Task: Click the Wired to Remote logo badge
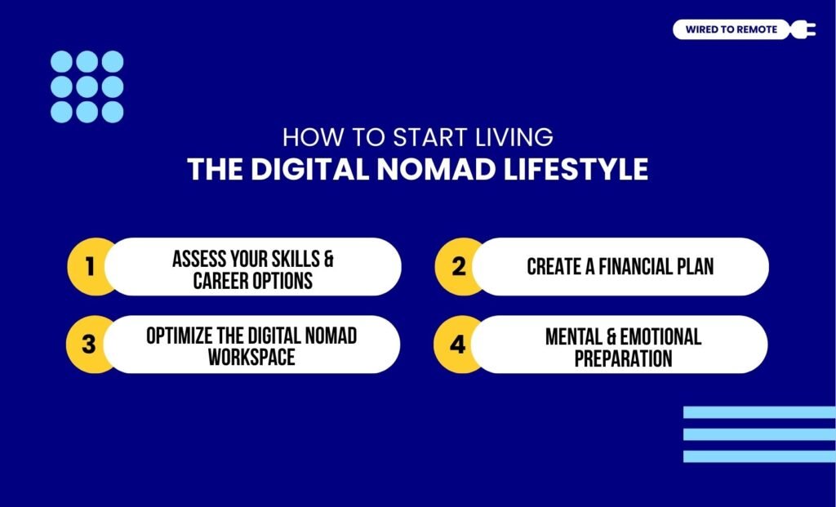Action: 731,30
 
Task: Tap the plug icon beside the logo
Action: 804,30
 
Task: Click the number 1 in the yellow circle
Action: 89,267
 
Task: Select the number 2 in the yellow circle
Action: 459,267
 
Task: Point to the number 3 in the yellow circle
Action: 89,345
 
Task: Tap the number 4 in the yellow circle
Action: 458,345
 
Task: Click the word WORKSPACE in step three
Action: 251,358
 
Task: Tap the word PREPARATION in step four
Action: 623,358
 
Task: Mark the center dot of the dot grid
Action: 87,87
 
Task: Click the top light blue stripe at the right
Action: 758,412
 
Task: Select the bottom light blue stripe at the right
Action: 758,456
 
